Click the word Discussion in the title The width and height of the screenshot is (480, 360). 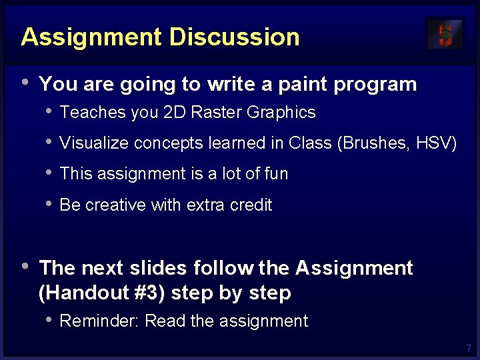pyautogui.click(x=235, y=37)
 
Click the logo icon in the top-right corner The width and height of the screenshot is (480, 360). pyautogui.click(x=445, y=34)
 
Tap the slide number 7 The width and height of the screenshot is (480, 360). pyautogui.click(x=469, y=349)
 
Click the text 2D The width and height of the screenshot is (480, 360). pyautogui.click(x=174, y=113)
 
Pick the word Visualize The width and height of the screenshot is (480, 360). pyautogui.click(x=94, y=143)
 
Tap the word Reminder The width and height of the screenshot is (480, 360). pyautogui.click(x=99, y=321)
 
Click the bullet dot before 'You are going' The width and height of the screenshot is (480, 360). pyautogui.click(x=25, y=83)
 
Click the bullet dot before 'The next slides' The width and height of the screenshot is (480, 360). pyautogui.click(x=25, y=266)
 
